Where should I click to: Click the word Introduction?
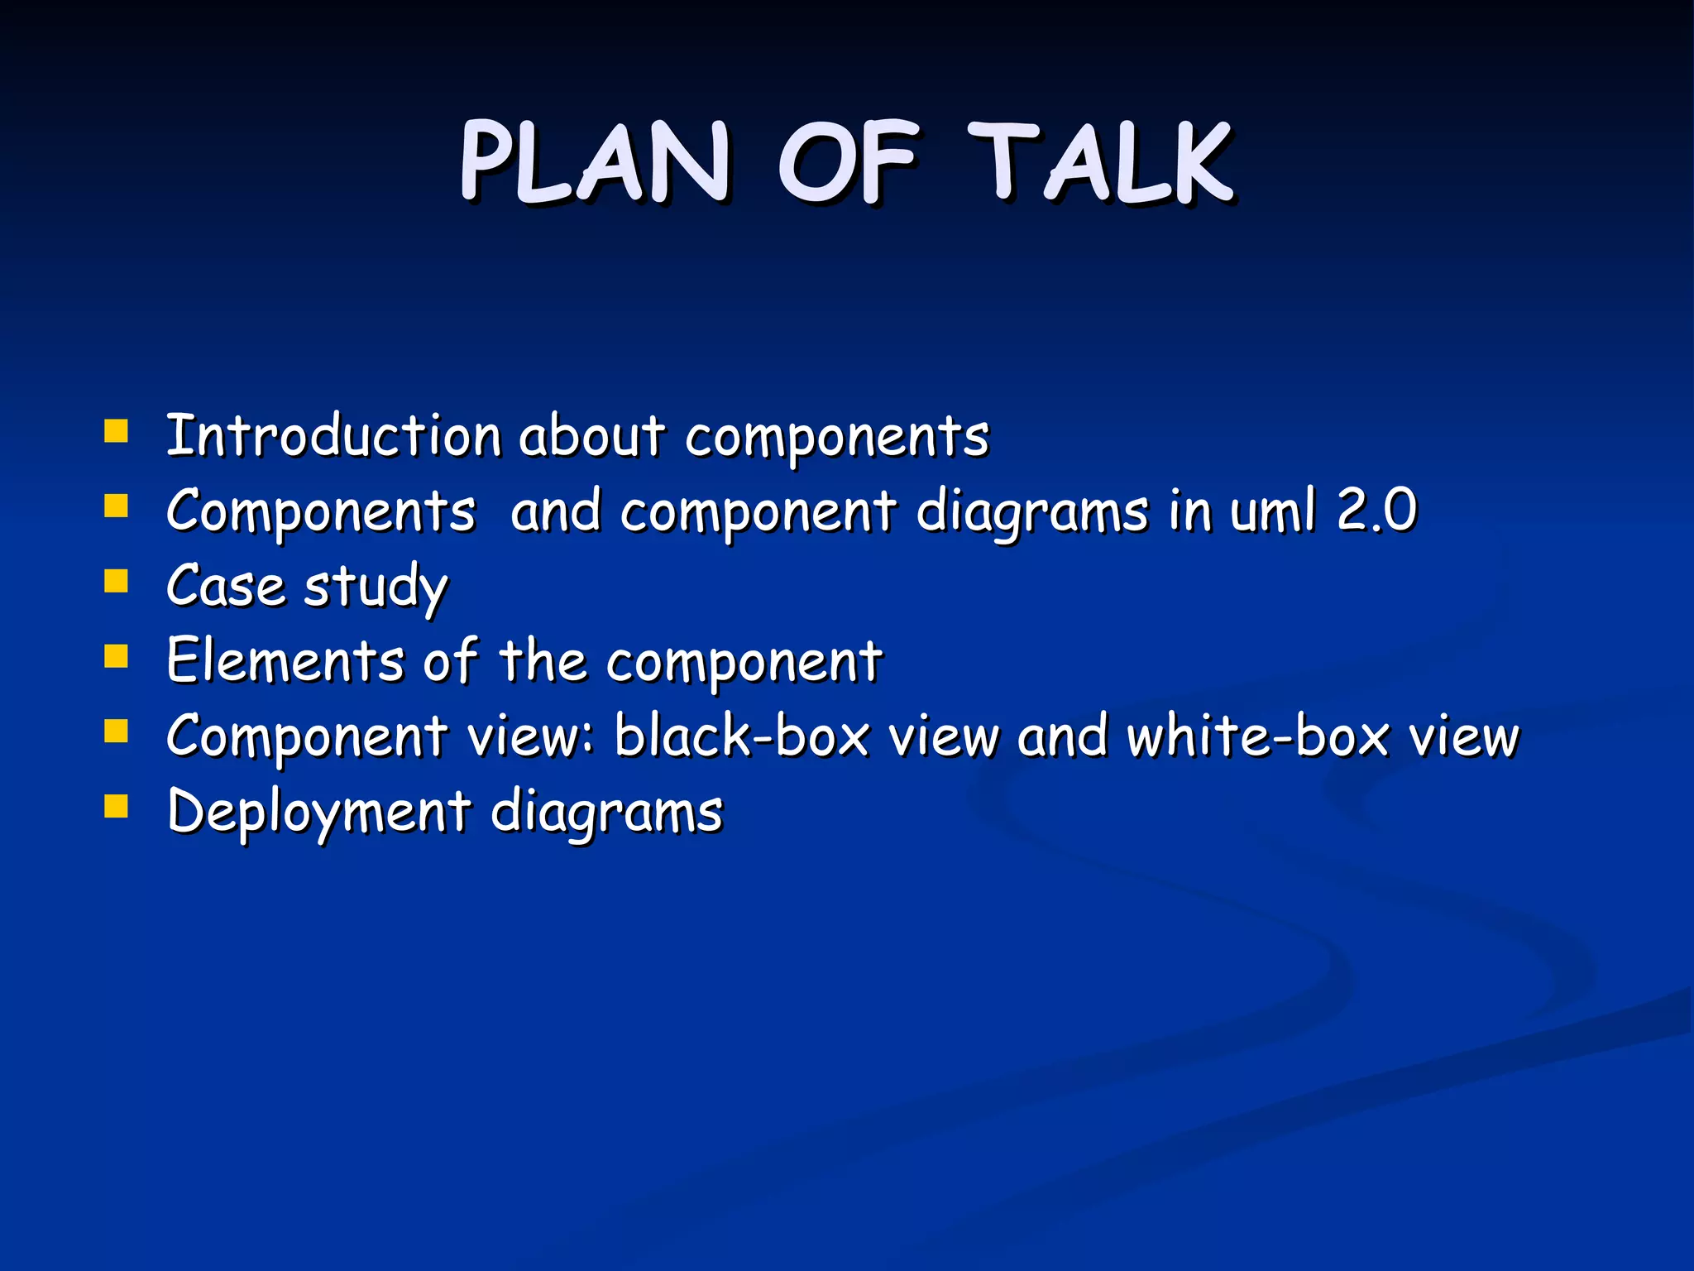coord(333,435)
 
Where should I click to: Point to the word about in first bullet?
coord(591,435)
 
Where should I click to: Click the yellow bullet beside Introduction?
coord(117,431)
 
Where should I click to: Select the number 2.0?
coord(1377,510)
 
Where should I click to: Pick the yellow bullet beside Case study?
coord(117,581)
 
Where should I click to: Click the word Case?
coord(226,586)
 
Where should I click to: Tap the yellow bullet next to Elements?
coord(117,656)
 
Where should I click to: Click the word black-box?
coord(742,735)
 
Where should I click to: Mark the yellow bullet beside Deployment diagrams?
coord(117,806)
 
